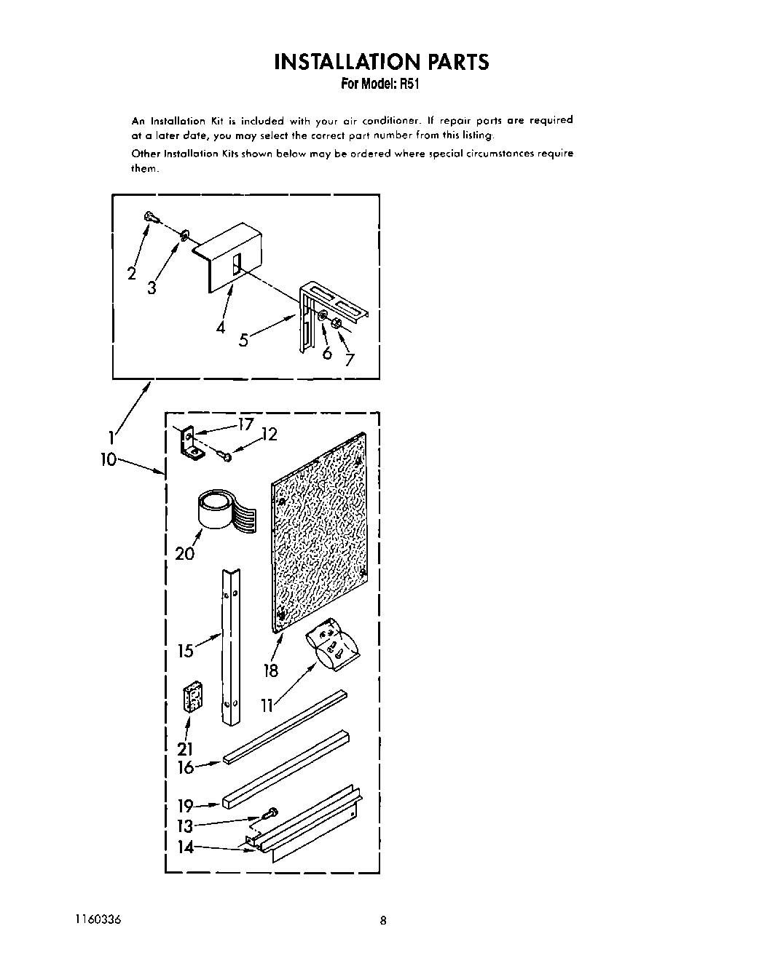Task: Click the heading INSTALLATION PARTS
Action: point(381,62)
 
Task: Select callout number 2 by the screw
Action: point(132,274)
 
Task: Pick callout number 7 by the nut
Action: point(350,360)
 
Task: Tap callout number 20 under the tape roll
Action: point(185,554)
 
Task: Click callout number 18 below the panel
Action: point(271,670)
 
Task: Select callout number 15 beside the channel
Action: point(186,650)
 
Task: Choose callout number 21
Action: point(185,748)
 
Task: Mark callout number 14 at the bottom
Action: point(186,847)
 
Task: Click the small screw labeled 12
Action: point(225,456)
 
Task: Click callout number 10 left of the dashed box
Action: point(109,459)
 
